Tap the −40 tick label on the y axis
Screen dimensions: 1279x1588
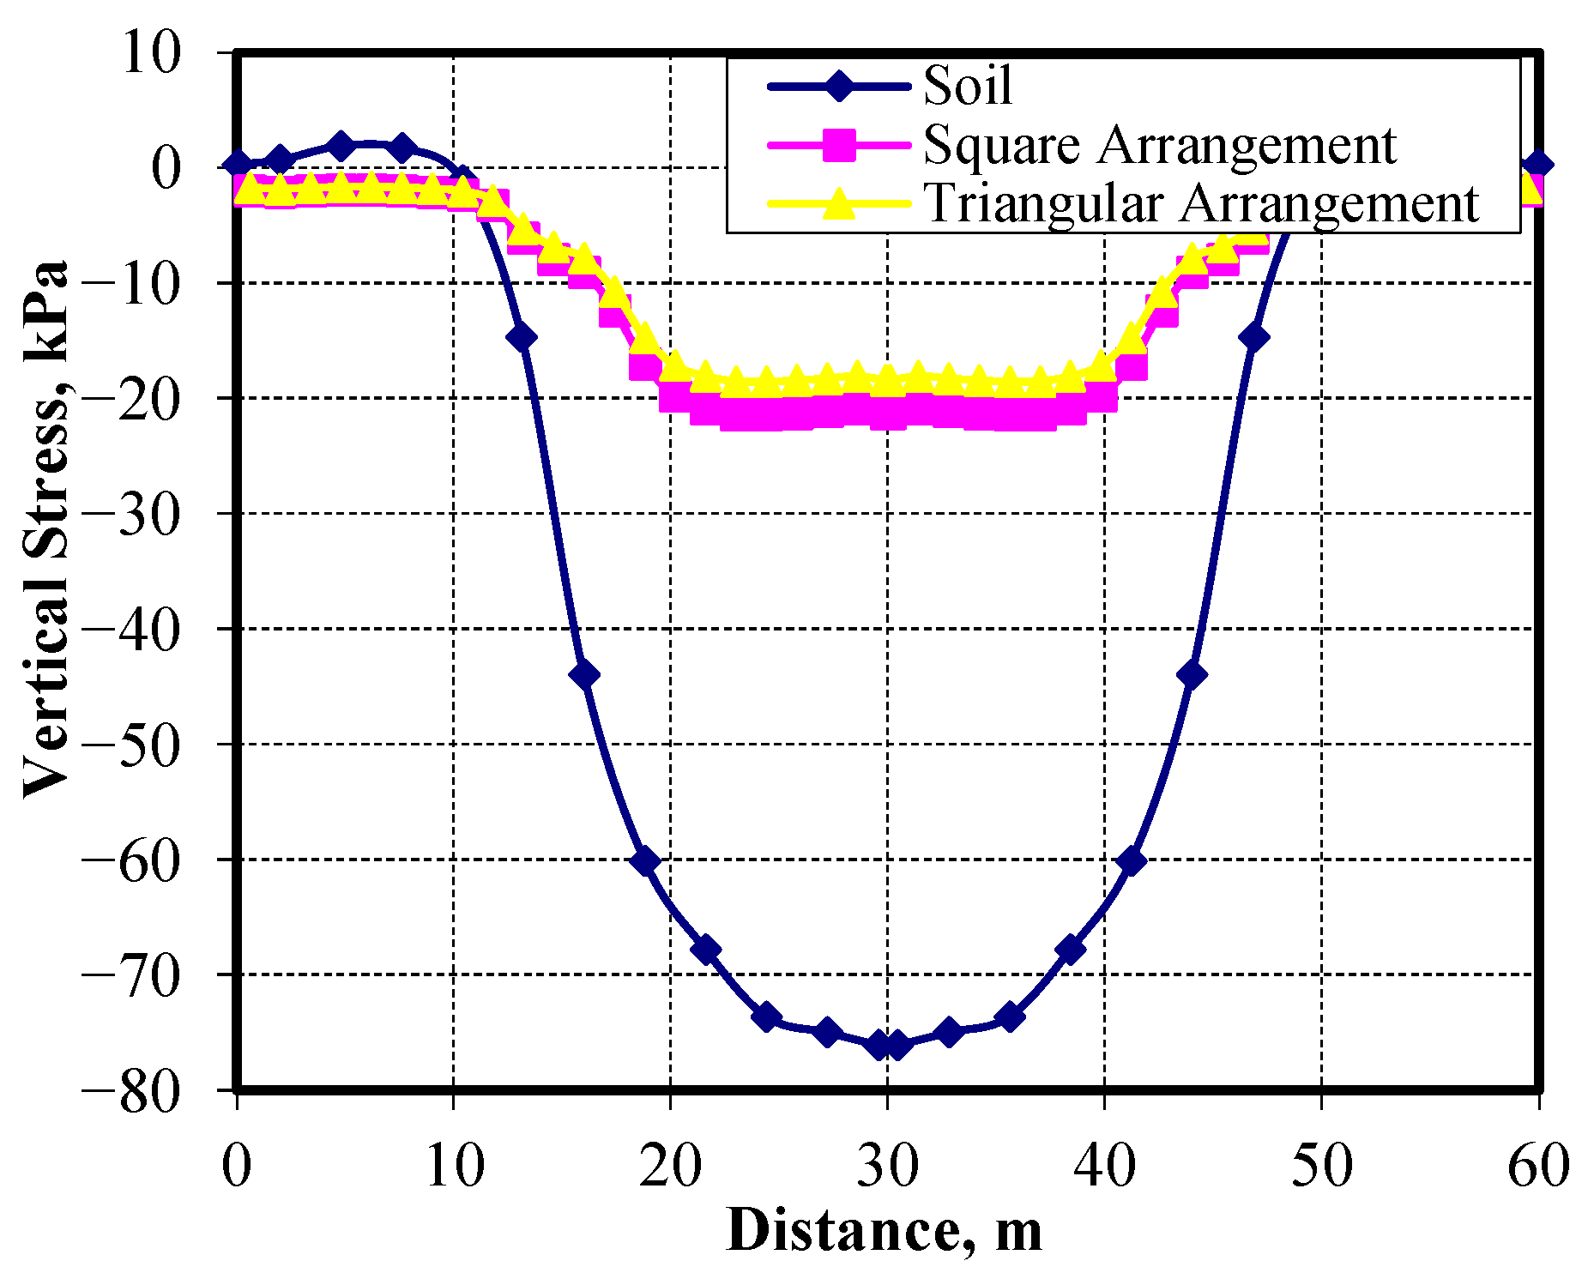click(131, 630)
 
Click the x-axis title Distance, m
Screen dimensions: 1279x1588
click(885, 1230)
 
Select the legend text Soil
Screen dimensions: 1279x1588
click(967, 86)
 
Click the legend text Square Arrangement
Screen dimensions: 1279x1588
click(1159, 145)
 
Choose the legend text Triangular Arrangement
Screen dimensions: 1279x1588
click(1201, 204)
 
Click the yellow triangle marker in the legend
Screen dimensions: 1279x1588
click(838, 204)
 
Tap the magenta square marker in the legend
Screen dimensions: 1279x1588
click(838, 145)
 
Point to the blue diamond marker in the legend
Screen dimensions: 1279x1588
click(838, 86)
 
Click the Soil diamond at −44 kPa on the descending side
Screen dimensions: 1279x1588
click(585, 674)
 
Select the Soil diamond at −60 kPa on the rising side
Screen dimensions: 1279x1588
click(1132, 860)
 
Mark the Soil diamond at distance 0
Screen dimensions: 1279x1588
click(238, 165)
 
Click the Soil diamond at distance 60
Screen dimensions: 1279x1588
click(1537, 165)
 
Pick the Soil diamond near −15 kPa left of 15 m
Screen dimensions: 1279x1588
click(522, 337)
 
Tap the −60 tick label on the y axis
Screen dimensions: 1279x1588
click(131, 860)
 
